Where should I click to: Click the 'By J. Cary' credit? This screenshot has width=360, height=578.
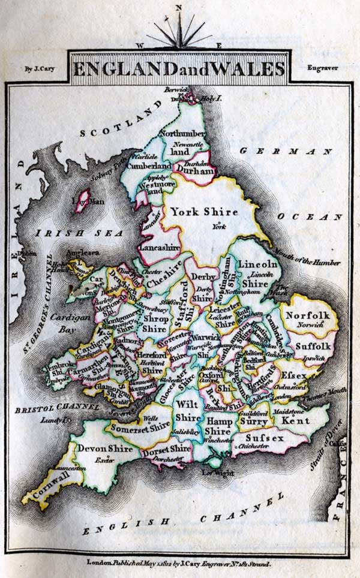click(x=40, y=68)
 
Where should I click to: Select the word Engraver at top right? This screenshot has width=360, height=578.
click(x=322, y=68)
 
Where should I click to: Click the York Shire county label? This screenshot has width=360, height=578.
click(x=203, y=211)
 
